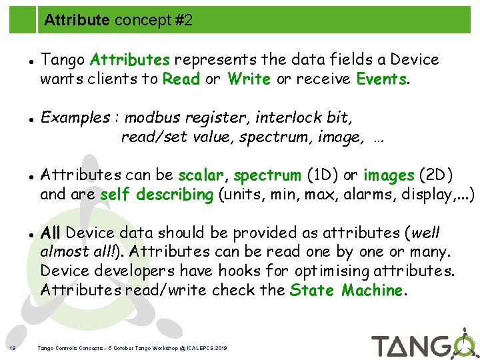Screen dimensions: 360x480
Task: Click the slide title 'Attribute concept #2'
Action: coord(118,21)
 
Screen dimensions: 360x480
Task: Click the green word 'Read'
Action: coord(181,79)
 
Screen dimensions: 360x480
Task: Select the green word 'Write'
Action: coord(249,79)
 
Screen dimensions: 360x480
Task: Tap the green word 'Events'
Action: coord(381,79)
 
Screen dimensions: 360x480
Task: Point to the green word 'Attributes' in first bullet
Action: coord(130,60)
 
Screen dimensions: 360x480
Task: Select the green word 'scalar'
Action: coord(203,175)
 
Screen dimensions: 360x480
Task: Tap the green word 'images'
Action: coord(388,176)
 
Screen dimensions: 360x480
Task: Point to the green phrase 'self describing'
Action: coord(156,195)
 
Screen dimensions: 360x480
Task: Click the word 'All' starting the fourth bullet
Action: coord(51,233)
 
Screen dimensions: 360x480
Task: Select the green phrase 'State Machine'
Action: coord(347,291)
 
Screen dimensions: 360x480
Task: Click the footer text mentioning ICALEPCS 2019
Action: coord(133,348)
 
